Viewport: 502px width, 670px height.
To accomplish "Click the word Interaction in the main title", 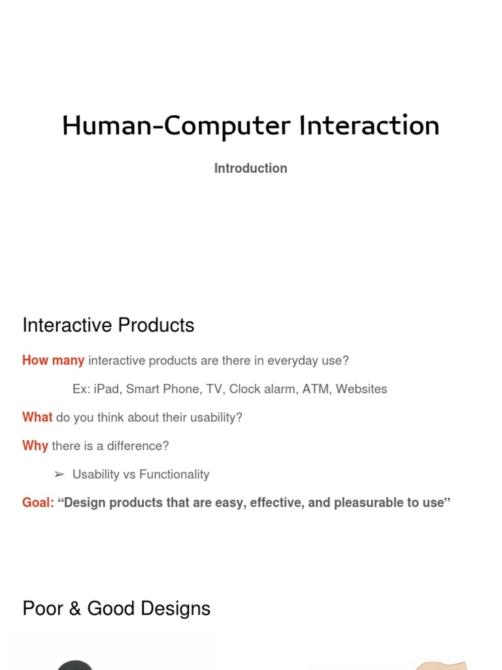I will click(x=369, y=126).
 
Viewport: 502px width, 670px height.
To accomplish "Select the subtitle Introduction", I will click(x=250, y=168).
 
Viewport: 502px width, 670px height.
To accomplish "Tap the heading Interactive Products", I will click(x=108, y=325).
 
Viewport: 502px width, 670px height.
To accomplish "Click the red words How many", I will click(x=53, y=361).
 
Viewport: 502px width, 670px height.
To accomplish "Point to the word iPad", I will click(x=107, y=389).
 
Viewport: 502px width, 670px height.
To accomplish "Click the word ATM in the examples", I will click(x=316, y=389).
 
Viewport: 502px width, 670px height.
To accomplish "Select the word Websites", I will click(x=361, y=389).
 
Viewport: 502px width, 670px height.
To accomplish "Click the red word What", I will click(x=37, y=417).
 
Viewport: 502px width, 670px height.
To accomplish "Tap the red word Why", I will click(x=35, y=446).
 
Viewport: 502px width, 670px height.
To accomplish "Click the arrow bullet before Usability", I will click(x=59, y=474).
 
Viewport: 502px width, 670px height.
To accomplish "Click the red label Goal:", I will click(x=38, y=502).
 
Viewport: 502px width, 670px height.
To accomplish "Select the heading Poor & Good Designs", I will click(x=116, y=608).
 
